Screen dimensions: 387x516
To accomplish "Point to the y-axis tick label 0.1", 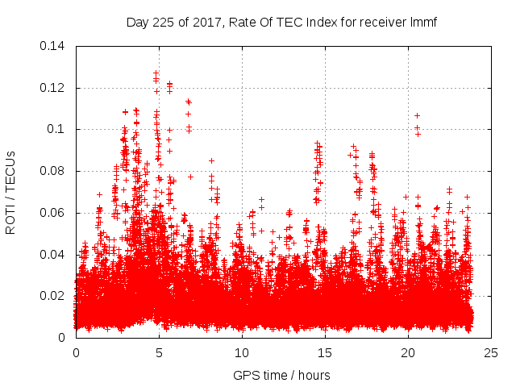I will pos(58,129).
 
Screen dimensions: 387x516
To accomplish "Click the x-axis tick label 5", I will pos(159,353).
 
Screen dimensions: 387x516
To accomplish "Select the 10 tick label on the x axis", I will pos(242,353).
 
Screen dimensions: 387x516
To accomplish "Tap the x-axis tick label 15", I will pos(325,353).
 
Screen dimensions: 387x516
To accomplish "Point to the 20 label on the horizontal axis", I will pos(408,353).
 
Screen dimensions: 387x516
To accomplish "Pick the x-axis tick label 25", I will pos(491,353).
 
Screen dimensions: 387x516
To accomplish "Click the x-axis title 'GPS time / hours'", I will pos(282,375).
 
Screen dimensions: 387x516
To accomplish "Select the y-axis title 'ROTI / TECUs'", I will pos(11,192).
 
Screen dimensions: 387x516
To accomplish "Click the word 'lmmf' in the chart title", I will pos(422,22).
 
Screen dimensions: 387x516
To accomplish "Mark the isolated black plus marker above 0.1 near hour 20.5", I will pos(417,115).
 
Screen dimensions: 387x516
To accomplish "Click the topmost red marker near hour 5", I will pos(156,73).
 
